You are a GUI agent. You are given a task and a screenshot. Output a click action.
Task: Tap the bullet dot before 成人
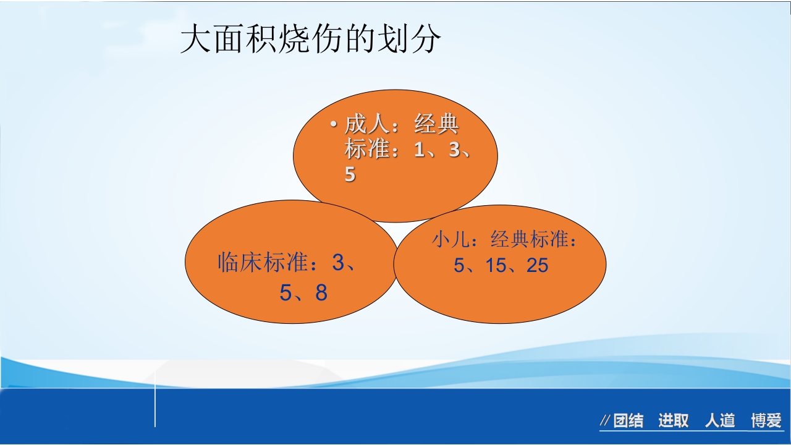point(333,125)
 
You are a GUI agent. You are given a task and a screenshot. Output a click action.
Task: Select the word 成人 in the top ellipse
point(367,125)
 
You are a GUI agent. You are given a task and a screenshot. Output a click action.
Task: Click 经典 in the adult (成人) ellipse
point(436,125)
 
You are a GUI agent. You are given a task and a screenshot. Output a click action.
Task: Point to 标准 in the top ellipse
point(367,150)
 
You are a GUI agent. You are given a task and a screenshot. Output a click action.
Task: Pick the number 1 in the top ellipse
point(420,150)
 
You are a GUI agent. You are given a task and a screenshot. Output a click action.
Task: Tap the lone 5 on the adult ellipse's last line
point(350,175)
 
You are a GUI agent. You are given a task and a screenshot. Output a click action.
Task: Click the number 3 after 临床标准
point(338,263)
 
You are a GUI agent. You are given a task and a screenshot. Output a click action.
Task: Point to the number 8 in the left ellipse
point(321,293)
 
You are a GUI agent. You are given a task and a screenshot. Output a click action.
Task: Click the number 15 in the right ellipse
point(496,266)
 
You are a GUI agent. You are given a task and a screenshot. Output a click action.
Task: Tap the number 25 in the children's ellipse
point(538,266)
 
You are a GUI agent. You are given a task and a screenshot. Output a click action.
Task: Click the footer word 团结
point(628,422)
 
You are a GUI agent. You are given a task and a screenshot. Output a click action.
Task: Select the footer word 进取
point(674,422)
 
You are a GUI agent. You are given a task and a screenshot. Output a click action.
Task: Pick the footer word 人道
point(720,422)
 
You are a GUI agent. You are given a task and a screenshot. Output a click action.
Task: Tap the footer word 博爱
point(766,422)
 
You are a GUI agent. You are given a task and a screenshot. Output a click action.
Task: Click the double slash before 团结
point(606,422)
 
